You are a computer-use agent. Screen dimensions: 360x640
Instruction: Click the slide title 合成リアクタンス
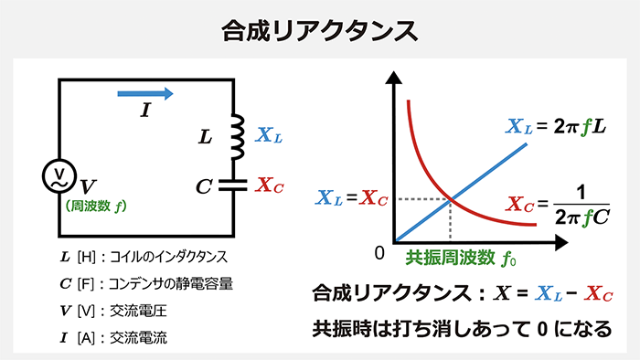pos(320,29)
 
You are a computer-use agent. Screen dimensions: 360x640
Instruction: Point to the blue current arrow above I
pos(144,92)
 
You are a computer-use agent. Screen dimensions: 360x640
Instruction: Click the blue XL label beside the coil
pos(270,135)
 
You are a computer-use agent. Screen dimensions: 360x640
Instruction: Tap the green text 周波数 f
pos(97,205)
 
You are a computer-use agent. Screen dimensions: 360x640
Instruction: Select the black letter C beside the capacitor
pos(204,185)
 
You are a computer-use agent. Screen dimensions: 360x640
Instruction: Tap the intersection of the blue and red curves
pos(451,198)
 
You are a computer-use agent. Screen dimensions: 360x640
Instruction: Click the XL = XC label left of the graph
pos(352,198)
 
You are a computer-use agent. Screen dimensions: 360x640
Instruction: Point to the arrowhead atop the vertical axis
pos(395,76)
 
